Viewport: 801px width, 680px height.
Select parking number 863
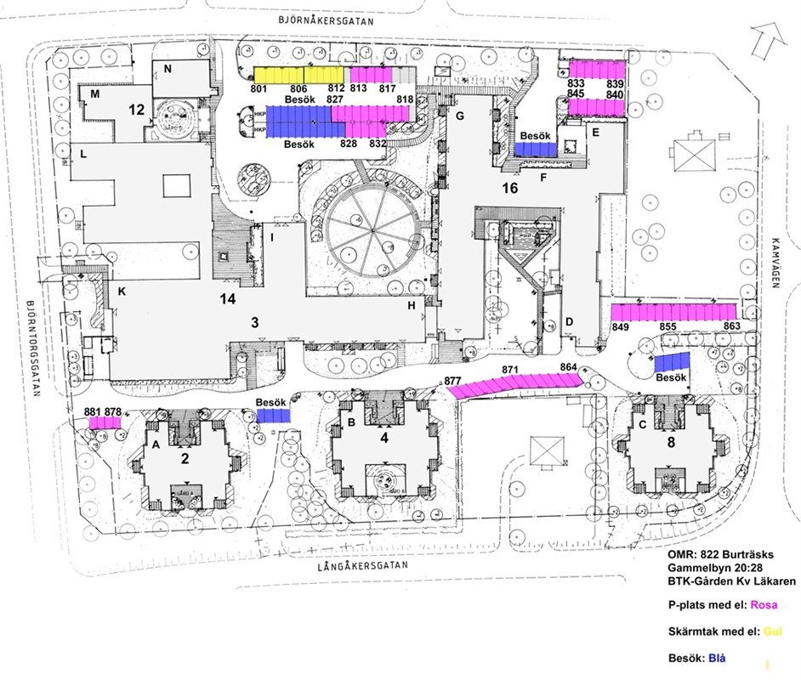[x=732, y=327]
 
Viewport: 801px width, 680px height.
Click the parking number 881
[x=93, y=411]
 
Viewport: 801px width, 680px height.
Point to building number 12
[x=136, y=109]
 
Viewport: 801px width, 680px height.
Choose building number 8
[x=671, y=441]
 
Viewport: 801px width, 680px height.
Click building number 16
[x=510, y=188]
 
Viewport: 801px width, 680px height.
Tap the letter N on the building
[x=168, y=68]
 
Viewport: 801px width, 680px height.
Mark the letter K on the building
[x=122, y=292]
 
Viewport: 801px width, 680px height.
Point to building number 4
[x=383, y=439]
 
